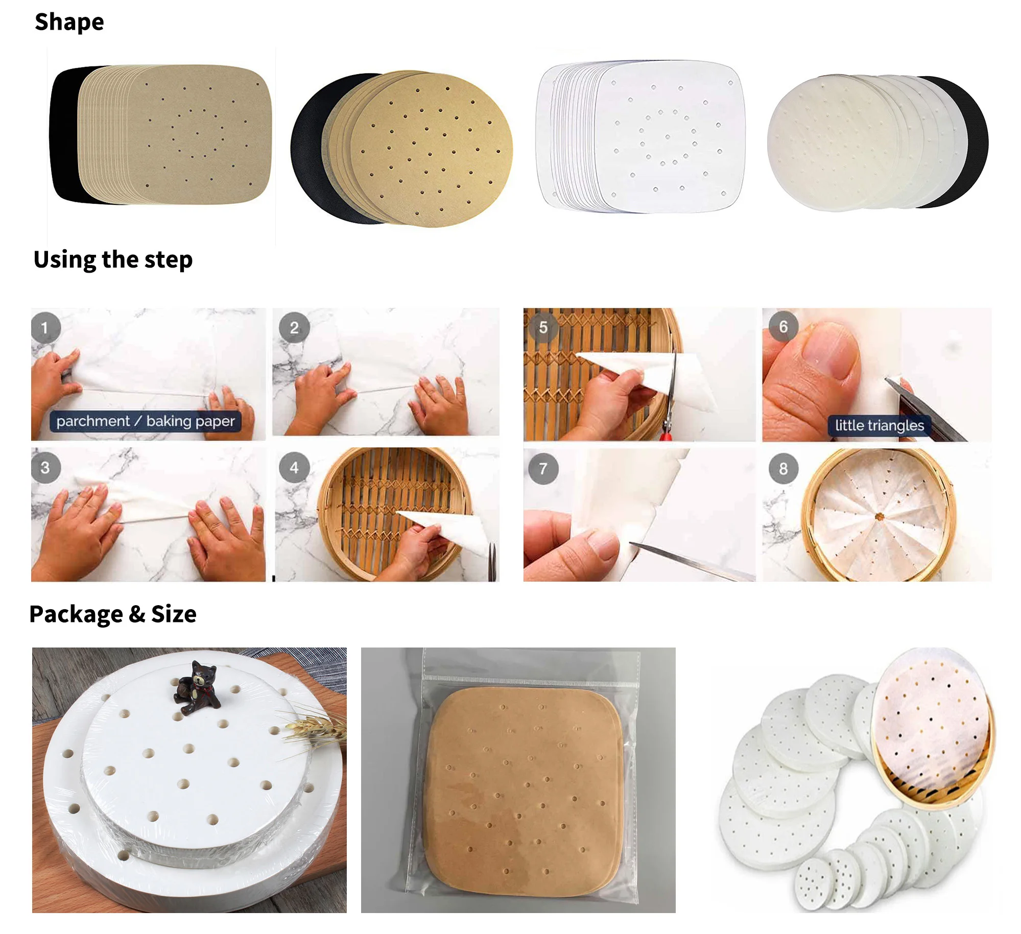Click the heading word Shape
69,22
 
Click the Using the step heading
113,259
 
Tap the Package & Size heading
112,614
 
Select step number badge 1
45,328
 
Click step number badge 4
294,467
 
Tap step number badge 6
783,327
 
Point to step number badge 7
543,468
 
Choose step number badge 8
783,468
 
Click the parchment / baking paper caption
146,421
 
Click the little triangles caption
879,425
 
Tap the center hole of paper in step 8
879,517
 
